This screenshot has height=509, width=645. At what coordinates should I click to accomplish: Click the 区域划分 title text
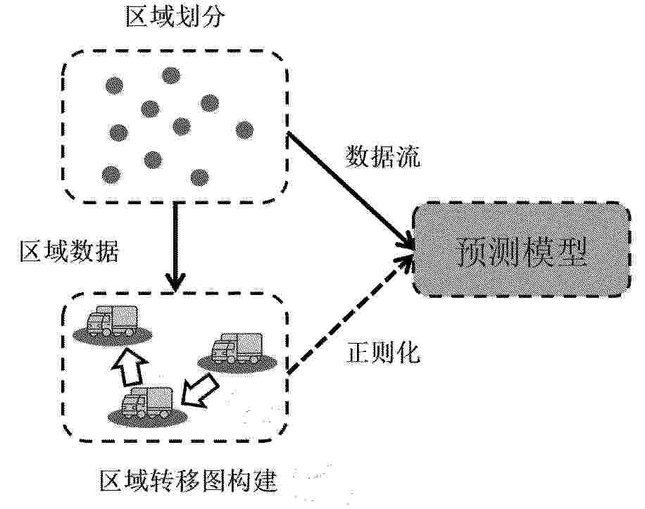tap(175, 18)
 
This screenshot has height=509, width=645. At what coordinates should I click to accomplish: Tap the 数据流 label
tap(382, 157)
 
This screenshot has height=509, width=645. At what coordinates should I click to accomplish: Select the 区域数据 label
tap(69, 251)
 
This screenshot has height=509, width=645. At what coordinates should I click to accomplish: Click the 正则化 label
tap(383, 353)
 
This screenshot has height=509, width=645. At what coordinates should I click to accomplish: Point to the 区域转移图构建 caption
tap(189, 480)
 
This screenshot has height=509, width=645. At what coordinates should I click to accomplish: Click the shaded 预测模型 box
tap(522, 249)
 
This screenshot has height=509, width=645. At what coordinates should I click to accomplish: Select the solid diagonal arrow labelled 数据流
tap(350, 190)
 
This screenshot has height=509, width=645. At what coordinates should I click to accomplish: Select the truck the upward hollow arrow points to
tap(112, 322)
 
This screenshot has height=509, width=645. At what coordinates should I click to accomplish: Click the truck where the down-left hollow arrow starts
tap(237, 350)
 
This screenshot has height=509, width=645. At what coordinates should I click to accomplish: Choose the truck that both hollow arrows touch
tap(147, 405)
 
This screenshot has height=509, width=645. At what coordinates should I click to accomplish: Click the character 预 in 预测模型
tap(472, 251)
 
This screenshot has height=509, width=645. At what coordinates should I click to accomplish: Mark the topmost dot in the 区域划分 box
tap(171, 75)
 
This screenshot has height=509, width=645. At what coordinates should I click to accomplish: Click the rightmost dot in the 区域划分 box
tap(245, 130)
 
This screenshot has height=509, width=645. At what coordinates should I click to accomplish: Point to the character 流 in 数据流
tap(408, 157)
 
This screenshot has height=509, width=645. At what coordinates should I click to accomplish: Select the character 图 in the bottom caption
tap(214, 480)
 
